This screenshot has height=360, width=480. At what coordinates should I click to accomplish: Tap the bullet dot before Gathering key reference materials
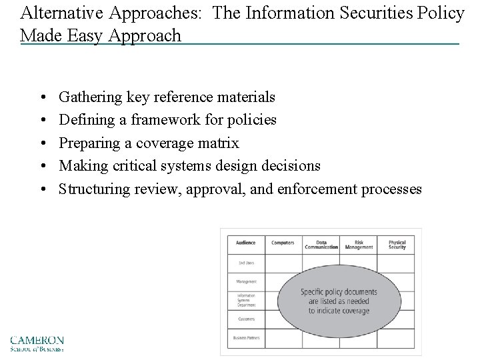point(42,97)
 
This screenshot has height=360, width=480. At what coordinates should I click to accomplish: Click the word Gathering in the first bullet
point(89,97)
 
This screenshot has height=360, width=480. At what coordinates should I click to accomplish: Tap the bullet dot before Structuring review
point(42,189)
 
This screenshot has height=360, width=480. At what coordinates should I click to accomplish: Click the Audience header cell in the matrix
point(245,243)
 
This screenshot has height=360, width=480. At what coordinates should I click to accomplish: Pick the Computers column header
point(283,243)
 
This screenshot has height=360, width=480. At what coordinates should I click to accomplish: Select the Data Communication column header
point(321,245)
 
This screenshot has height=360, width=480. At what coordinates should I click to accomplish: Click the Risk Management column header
point(359,245)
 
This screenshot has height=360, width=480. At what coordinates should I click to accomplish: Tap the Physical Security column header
point(397,245)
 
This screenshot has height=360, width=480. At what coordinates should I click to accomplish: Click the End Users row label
point(245,263)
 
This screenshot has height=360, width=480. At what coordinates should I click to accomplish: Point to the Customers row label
point(245,319)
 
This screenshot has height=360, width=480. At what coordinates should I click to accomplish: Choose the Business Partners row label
point(245,338)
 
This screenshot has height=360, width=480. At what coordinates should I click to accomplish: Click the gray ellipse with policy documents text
point(339,301)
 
